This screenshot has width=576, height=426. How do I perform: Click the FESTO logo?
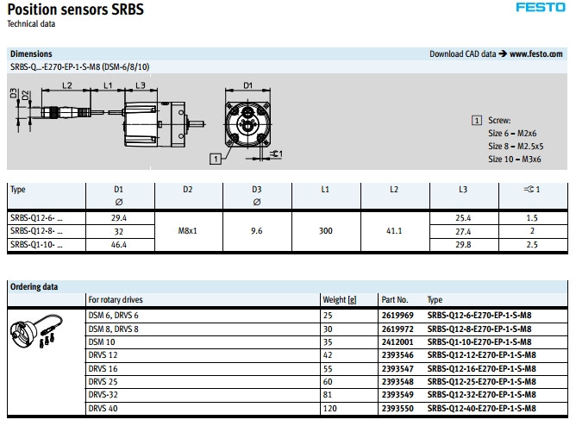pyautogui.click(x=541, y=8)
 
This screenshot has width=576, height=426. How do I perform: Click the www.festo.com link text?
pyautogui.click(x=536, y=54)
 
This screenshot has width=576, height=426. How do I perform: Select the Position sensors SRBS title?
pyautogui.click(x=76, y=9)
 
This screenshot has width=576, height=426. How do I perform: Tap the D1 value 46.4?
pyautogui.click(x=119, y=245)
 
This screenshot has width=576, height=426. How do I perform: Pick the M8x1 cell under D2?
pyautogui.click(x=187, y=230)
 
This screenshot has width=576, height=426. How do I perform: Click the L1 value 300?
pyautogui.click(x=325, y=230)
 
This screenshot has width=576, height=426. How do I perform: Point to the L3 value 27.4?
pyautogui.click(x=463, y=231)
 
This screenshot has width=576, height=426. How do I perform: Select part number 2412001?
pyautogui.click(x=398, y=341)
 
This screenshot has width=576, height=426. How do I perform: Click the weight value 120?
pyautogui.click(x=330, y=408)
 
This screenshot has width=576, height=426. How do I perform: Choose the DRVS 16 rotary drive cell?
pyautogui.click(x=103, y=368)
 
